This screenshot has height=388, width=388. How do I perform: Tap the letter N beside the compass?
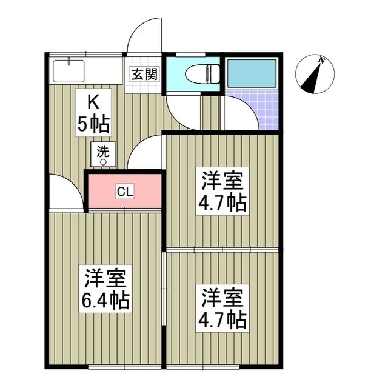click(x=323, y=61)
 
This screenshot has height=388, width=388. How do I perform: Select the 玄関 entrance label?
click(x=144, y=75)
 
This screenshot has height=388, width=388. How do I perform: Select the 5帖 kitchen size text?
click(x=92, y=124)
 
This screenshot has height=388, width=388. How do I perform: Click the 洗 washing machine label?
click(x=102, y=151)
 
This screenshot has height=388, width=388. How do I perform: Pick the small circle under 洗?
click(x=102, y=162)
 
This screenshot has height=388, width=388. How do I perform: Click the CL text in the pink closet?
click(x=124, y=192)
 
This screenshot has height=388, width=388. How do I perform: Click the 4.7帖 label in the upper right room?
click(x=222, y=202)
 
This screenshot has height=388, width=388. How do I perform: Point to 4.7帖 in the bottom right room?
click(x=222, y=319)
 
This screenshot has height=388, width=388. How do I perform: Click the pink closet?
click(x=145, y=192)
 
